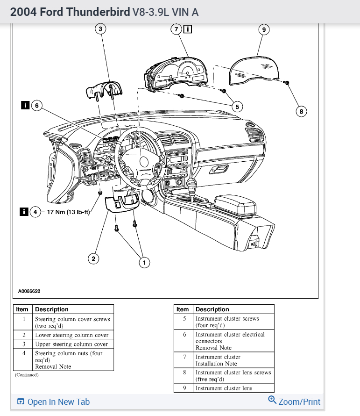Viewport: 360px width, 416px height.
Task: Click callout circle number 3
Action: pos(99,29)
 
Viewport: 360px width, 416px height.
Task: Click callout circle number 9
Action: pos(264,29)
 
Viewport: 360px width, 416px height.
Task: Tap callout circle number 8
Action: pos(302,111)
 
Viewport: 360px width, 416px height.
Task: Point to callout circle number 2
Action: pos(94,258)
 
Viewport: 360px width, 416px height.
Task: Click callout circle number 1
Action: pos(144,263)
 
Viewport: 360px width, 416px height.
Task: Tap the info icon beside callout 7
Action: pos(187,29)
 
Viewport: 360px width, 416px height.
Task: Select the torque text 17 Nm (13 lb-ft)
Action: pos(68,212)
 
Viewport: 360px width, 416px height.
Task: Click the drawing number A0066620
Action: pos(29,291)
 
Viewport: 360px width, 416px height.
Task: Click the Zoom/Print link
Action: pos(295,402)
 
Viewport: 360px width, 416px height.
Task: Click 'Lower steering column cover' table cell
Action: pos(71,335)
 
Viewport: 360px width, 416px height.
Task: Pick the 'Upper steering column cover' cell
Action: pos(71,344)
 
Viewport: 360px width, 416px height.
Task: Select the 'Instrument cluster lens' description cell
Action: pos(224,388)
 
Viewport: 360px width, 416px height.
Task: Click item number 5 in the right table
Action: pos(184,319)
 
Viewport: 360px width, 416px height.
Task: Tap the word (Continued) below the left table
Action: pos(26,375)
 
